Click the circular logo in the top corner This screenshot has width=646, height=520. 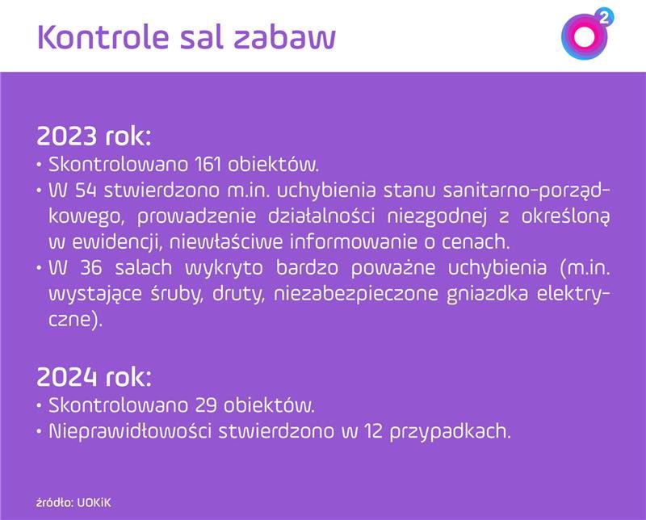pos(581,36)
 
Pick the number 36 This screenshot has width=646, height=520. pos(88,268)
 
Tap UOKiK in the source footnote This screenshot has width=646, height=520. pos(95,501)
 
